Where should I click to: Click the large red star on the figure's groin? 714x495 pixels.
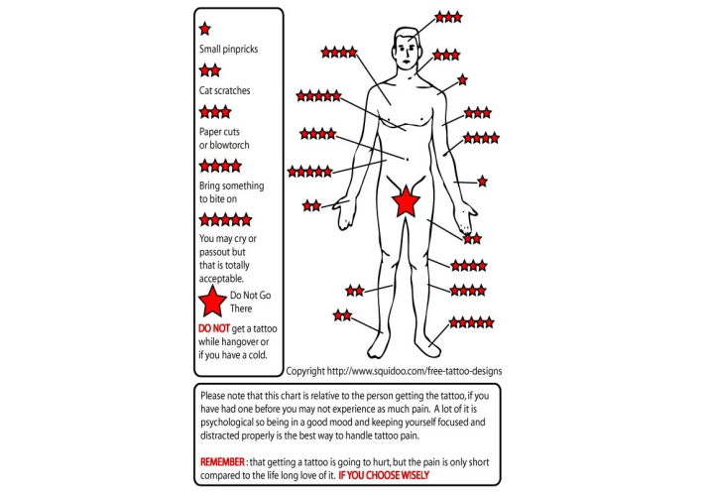406,201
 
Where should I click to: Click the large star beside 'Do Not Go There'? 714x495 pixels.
212,302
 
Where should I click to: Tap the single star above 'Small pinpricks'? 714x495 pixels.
205,29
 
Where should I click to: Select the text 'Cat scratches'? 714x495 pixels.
224,90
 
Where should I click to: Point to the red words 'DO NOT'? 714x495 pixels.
214,328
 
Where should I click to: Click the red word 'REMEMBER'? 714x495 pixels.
222,461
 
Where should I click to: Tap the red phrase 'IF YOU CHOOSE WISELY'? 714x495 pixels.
384,475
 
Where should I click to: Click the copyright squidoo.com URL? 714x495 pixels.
415,371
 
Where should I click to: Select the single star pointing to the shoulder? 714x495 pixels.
463,80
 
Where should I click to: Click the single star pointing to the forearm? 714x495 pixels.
482,182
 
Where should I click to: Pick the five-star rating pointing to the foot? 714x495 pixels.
472,322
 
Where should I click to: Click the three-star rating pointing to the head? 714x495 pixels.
448,17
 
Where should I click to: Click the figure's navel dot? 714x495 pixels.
408,159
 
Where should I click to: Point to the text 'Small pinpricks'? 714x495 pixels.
229,49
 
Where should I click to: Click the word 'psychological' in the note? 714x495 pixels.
226,423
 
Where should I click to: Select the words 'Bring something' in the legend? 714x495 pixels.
231,186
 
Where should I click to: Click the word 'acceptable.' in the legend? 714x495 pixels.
221,278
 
